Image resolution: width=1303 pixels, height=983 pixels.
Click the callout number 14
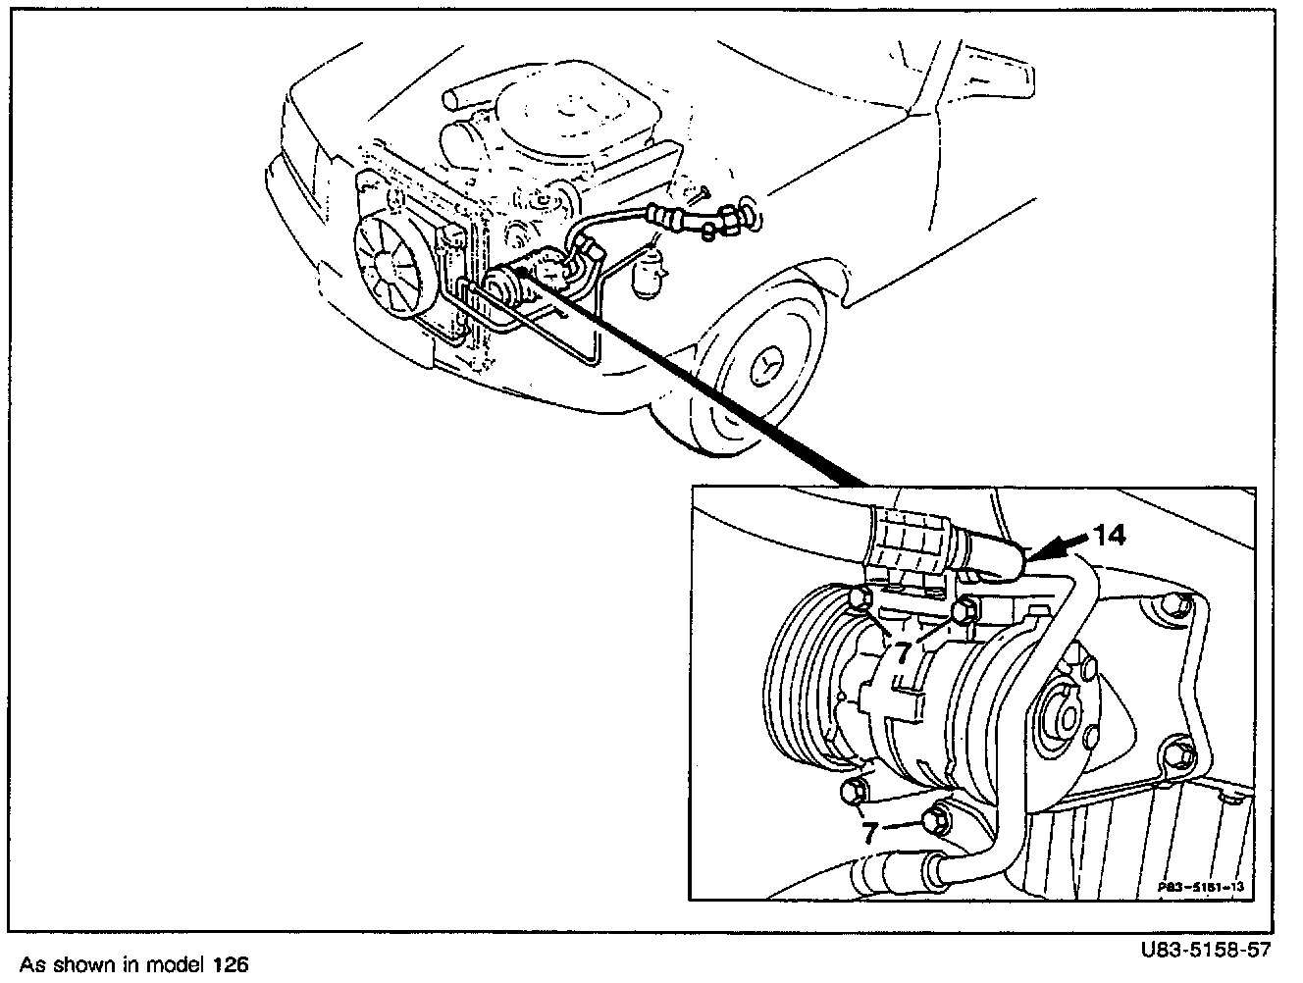[x=1110, y=535]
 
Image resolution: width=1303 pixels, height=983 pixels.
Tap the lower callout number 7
[x=869, y=834]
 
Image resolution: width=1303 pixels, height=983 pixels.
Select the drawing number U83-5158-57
[x=1206, y=951]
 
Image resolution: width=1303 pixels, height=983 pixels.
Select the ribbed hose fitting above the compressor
[x=908, y=544]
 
